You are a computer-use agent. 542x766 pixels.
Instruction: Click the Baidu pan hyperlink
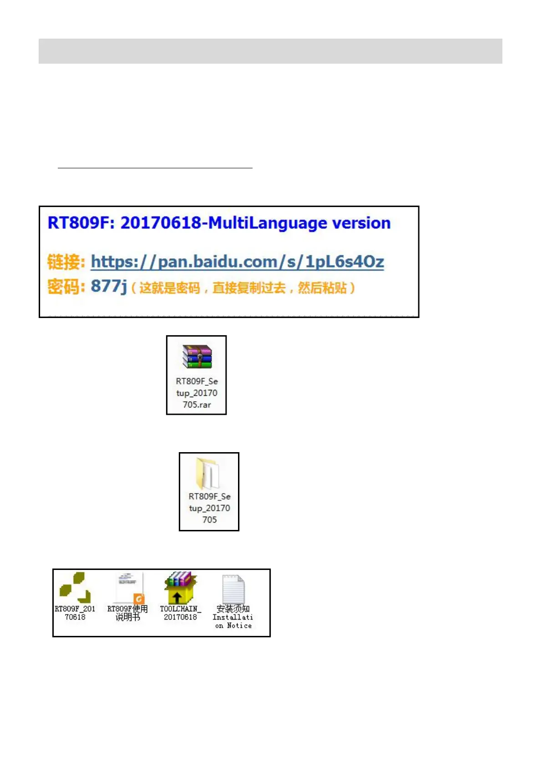point(237,262)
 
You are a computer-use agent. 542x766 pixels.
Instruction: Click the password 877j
point(109,287)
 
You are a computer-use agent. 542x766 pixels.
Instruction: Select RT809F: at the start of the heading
point(81,223)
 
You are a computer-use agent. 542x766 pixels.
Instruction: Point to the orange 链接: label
point(66,262)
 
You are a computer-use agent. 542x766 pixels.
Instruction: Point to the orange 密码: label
point(66,287)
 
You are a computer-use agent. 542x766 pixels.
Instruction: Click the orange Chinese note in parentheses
point(243,288)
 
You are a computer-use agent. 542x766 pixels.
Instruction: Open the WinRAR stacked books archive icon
point(197,357)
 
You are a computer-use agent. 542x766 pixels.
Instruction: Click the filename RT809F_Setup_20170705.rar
point(197,393)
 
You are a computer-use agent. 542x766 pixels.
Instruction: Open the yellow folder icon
point(208,473)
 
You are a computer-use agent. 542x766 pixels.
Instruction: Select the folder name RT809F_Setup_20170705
point(209,508)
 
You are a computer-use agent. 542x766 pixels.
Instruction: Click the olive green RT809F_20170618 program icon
point(75,587)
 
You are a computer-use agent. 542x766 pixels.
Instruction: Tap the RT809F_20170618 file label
point(75,613)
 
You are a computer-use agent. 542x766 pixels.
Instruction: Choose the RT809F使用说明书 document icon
point(129,588)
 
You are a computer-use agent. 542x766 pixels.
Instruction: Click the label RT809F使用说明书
point(127,613)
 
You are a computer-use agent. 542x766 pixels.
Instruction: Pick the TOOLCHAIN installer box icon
point(180,587)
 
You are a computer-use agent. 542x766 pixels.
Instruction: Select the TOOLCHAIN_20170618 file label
point(180,613)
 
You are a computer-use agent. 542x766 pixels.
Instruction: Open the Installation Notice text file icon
point(233,589)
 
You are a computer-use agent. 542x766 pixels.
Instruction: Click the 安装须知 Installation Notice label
point(233,617)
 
